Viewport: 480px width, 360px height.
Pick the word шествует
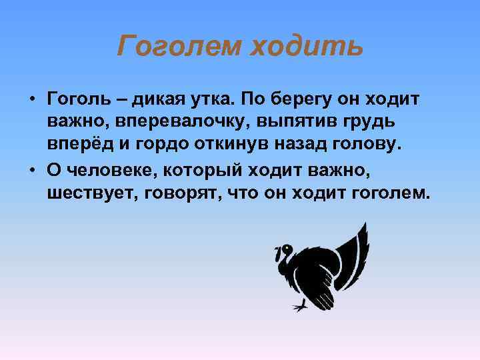coord(86,193)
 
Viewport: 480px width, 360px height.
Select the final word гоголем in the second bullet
coord(390,193)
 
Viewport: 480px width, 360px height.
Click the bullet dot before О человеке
coord(32,170)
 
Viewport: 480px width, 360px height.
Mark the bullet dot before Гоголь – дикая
coord(32,100)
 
